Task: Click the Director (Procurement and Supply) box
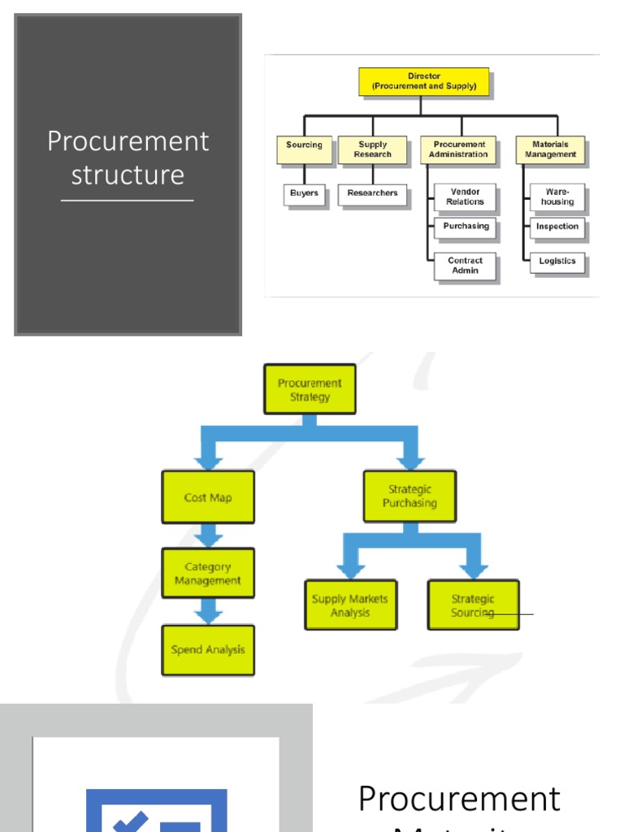click(x=424, y=81)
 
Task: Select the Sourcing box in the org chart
click(x=304, y=149)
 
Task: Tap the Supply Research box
click(x=373, y=149)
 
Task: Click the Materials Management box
click(x=550, y=149)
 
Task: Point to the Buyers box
click(x=304, y=194)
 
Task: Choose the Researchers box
click(x=372, y=194)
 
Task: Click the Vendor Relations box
click(x=465, y=197)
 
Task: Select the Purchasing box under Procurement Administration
click(x=466, y=227)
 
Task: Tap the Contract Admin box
click(x=465, y=266)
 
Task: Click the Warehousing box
click(x=557, y=197)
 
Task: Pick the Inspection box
click(x=557, y=227)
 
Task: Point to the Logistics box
click(x=557, y=262)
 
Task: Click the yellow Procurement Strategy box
click(x=310, y=390)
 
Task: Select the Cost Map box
click(x=208, y=497)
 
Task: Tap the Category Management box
click(x=208, y=574)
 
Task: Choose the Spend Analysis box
click(x=208, y=650)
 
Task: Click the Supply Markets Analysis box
click(x=350, y=605)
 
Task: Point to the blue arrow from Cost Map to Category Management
click(x=209, y=535)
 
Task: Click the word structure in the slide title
click(x=128, y=175)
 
